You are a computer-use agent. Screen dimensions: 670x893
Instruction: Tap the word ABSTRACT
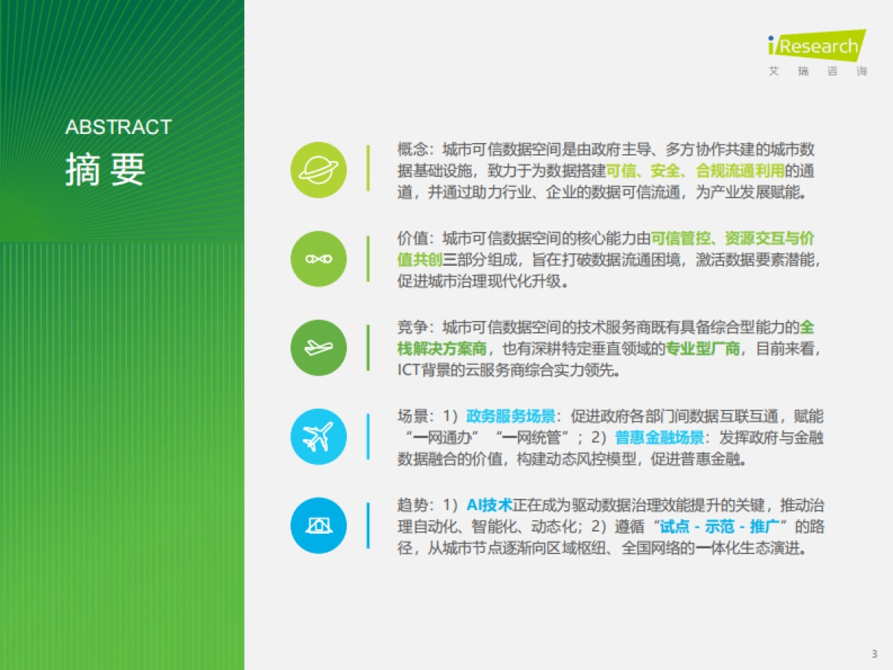[x=118, y=127]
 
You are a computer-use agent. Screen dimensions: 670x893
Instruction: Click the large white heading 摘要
[x=105, y=170]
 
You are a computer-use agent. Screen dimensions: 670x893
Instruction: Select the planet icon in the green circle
[x=319, y=170]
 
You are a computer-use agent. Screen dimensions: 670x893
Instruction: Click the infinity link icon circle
[x=319, y=258]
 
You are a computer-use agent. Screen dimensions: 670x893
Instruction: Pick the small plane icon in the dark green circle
[x=319, y=348]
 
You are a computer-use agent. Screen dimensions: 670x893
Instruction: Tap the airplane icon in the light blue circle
[x=319, y=437]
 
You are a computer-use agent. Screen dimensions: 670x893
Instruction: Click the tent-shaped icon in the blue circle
[x=319, y=526]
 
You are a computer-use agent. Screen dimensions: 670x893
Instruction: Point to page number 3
[x=874, y=654]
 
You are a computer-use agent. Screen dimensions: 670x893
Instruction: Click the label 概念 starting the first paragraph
[x=412, y=149]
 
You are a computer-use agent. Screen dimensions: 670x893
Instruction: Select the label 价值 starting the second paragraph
[x=412, y=238]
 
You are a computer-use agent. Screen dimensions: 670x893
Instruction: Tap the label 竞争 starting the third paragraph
[x=412, y=327]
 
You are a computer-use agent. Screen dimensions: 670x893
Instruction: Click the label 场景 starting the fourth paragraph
[x=412, y=416]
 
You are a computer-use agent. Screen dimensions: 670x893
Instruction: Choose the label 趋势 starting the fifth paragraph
[x=412, y=505]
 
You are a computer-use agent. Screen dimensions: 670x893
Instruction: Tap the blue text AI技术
[x=490, y=505]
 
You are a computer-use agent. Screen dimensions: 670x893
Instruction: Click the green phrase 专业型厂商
[x=702, y=348]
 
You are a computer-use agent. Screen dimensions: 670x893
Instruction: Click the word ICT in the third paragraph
[x=409, y=370]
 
